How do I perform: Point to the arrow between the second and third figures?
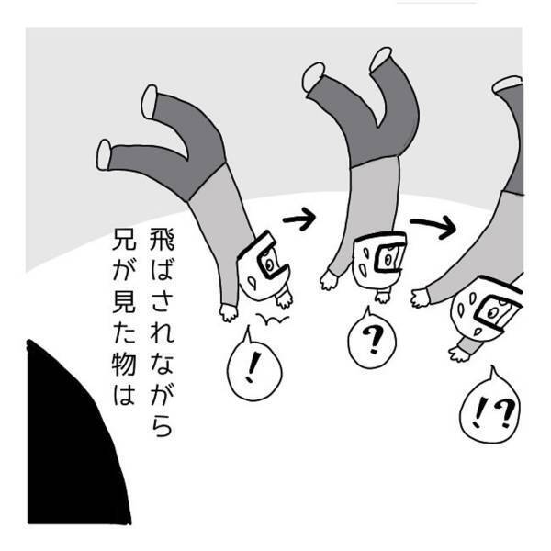point(433,225)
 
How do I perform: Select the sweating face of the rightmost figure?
point(487,312)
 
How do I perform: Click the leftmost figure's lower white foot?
point(104,153)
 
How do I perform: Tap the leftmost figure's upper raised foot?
point(149,101)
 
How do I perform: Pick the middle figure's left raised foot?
point(314,75)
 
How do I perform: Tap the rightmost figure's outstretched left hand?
point(420,297)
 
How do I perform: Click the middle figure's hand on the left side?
point(328,278)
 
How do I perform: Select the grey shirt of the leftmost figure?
point(220,211)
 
